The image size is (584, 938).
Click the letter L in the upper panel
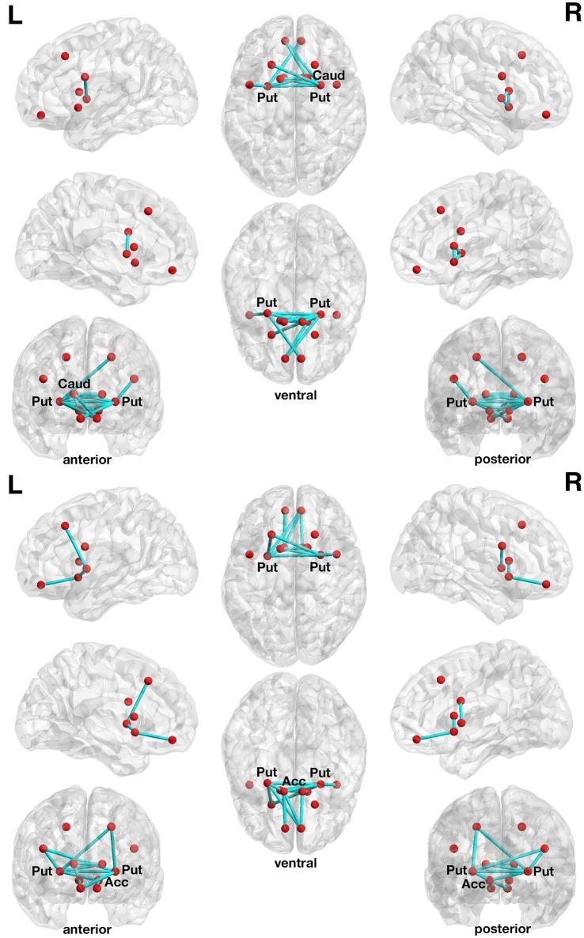tap(15, 17)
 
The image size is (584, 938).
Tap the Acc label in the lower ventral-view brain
tap(294, 782)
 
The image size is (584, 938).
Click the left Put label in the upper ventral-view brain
tap(266, 303)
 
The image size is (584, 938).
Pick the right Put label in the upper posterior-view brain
tap(544, 402)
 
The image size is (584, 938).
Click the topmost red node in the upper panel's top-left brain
tap(65, 55)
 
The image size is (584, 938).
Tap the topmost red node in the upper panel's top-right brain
tap(521, 55)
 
